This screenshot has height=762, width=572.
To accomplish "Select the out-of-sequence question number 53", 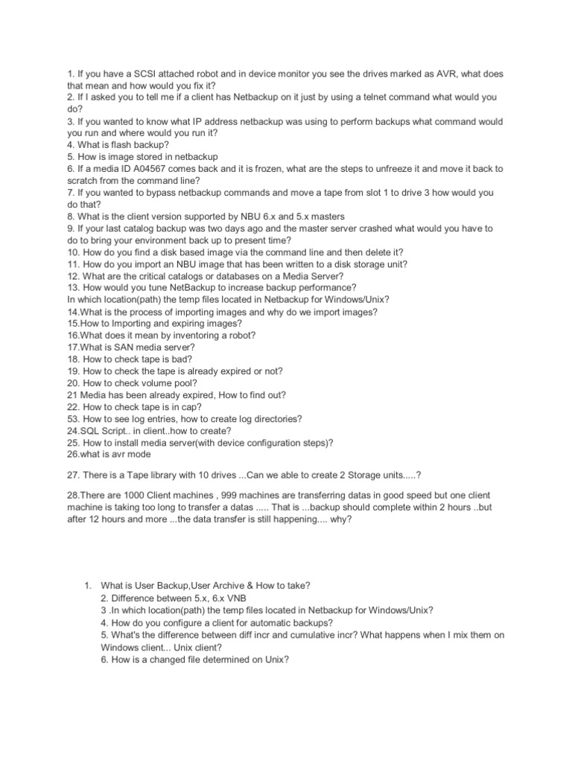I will (x=73, y=419).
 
